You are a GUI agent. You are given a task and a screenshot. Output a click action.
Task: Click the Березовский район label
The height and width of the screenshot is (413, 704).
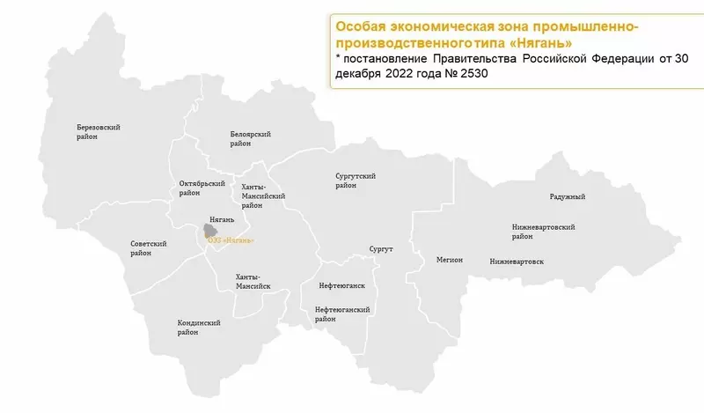tap(98, 132)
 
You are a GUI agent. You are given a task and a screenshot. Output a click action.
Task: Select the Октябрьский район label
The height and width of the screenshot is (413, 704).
tap(196, 188)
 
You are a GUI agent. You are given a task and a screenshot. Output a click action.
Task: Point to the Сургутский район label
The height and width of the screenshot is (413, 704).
tap(356, 181)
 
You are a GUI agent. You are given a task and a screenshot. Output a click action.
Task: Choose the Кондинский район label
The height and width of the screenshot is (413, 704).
tap(198, 328)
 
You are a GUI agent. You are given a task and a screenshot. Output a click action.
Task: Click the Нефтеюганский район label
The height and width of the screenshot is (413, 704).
tap(341, 314)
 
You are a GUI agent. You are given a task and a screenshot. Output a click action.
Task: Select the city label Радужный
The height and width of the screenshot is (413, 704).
tap(567, 196)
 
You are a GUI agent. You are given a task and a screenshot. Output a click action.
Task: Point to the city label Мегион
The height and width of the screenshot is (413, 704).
tap(450, 260)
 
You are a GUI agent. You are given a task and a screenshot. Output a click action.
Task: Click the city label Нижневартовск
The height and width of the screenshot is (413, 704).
tap(517, 262)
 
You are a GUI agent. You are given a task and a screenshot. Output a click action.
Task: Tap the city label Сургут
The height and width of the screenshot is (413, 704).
tap(381, 250)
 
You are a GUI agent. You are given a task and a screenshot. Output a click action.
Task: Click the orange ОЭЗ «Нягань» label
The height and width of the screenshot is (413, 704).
tap(230, 240)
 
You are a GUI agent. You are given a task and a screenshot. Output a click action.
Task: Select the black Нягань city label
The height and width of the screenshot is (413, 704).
tap(222, 217)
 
